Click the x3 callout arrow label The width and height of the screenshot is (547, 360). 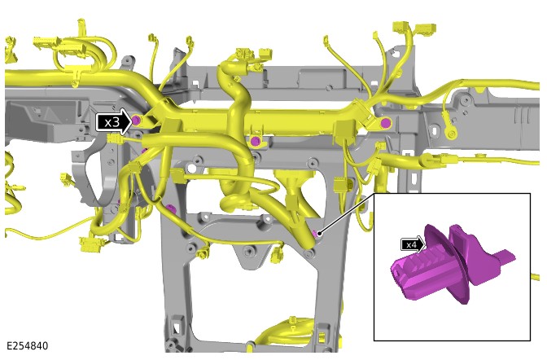tap(112, 122)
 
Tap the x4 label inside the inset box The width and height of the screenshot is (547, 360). tap(412, 245)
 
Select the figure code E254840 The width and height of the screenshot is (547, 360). tap(27, 346)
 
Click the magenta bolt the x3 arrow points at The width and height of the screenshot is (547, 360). tap(136, 121)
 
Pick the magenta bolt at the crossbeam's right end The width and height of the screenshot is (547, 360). tap(385, 122)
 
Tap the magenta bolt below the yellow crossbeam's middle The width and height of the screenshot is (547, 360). tap(255, 141)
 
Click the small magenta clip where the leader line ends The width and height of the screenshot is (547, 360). tap(316, 233)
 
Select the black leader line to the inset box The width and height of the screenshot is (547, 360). tap(348, 213)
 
